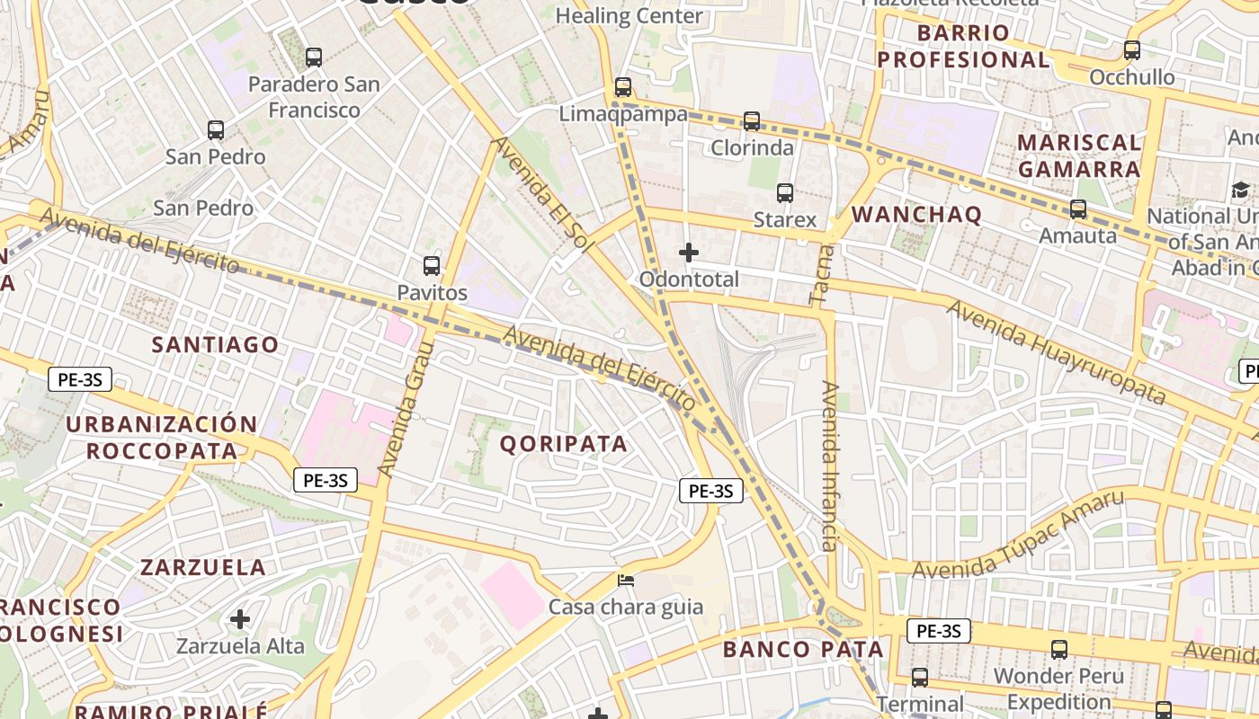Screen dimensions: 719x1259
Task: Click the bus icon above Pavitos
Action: coord(432,266)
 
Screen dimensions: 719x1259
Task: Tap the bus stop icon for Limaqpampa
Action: coord(623,87)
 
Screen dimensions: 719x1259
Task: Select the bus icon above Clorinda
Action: coord(752,120)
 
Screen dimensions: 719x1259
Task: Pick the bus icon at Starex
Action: coord(785,192)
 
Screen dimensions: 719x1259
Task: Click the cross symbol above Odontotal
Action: coord(689,253)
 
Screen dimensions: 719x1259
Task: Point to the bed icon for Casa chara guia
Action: coord(626,580)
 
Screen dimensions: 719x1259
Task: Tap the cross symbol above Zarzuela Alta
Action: coord(240,618)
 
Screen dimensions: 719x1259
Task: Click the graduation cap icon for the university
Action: coord(1240,190)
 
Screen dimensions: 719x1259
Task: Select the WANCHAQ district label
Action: coord(916,214)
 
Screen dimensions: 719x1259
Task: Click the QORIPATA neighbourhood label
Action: coord(563,443)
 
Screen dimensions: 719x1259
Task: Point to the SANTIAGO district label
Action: coord(215,344)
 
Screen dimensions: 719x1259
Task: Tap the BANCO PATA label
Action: coord(803,649)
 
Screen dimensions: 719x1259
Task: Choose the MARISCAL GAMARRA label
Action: coord(1079,155)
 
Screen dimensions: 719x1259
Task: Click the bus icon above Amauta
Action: coord(1077,209)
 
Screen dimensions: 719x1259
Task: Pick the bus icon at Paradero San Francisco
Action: coord(314,58)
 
